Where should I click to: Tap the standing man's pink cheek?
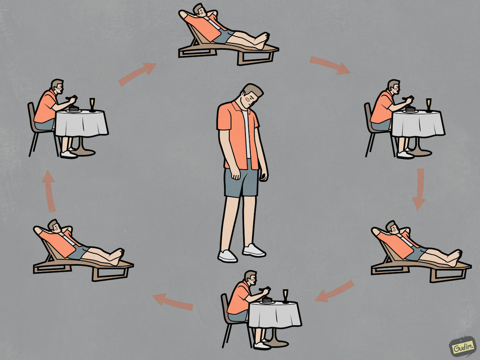[248, 100]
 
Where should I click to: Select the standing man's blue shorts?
[242, 178]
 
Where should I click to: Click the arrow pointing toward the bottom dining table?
[334, 292]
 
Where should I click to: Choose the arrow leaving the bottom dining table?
[172, 302]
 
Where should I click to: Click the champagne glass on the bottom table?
[285, 296]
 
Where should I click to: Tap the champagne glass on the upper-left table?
[92, 105]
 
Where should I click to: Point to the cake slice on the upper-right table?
[410, 109]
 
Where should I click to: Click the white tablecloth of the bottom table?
[275, 314]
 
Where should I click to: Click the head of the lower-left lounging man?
[55, 226]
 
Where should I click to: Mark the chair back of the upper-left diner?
[32, 116]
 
